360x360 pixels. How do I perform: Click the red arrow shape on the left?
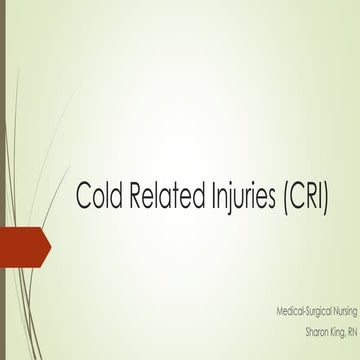pyautogui.click(x=22, y=243)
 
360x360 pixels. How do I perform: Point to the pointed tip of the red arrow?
pyautogui.click(x=49, y=243)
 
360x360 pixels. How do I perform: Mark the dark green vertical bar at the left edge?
pyautogui.click(x=3, y=180)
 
